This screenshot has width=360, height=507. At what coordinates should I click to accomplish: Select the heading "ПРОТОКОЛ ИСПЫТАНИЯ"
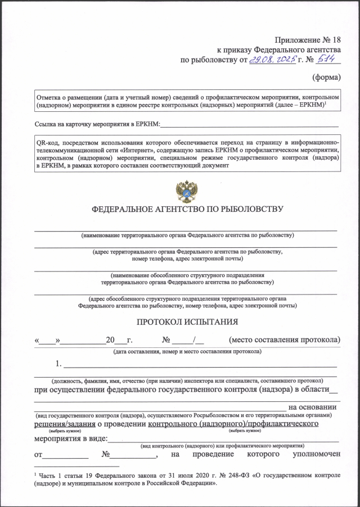tap(187, 322)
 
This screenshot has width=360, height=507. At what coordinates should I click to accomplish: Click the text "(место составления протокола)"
tap(284, 340)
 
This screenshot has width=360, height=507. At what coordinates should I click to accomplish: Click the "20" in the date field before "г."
tap(111, 340)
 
